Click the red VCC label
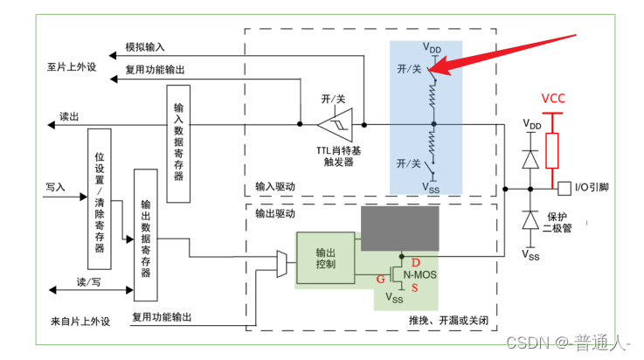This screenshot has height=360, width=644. click(x=552, y=97)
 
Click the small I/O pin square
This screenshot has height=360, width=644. click(x=564, y=188)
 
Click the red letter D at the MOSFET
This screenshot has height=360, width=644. click(x=416, y=263)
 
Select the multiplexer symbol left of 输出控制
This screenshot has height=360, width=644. click(x=280, y=260)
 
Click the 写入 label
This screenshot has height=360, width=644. click(x=55, y=187)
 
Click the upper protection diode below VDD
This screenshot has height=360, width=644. click(x=530, y=159)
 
